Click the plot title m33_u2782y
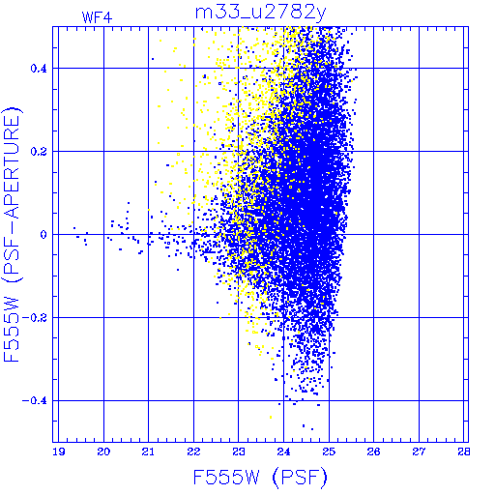[260, 13]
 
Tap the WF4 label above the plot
[97, 17]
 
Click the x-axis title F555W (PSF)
[260, 478]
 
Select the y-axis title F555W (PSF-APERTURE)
[13, 234]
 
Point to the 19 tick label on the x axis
[58, 451]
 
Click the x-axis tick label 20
[103, 451]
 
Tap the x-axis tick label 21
[148, 451]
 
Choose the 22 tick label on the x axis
[193, 451]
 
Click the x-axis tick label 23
[239, 451]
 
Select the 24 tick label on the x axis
[283, 451]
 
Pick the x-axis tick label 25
[329, 451]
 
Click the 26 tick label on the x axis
[373, 451]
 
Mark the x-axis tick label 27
[419, 451]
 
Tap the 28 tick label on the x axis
[464, 451]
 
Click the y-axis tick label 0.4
[39, 69]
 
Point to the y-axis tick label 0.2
[39, 152]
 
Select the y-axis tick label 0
[44, 234]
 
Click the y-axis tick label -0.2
[35, 317]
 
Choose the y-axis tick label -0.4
[35, 400]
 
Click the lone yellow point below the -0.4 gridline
[271, 418]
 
